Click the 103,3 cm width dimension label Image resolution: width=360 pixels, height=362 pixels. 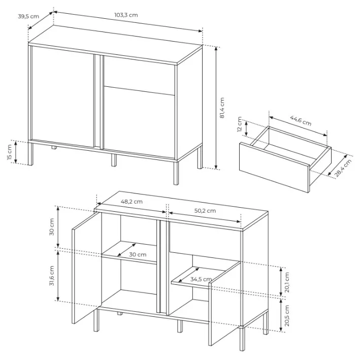(126, 15)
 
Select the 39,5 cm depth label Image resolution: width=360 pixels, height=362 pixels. (28, 16)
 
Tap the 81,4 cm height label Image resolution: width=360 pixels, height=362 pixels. (222, 108)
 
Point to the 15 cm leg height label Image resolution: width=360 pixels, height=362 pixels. (9, 152)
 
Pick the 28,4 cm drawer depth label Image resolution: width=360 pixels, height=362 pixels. (343, 168)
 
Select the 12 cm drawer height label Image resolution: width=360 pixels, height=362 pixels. (240, 124)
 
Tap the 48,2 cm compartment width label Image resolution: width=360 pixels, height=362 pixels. (132, 202)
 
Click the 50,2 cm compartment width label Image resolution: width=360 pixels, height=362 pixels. (205, 211)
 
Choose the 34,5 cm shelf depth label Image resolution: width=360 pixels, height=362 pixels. (201, 279)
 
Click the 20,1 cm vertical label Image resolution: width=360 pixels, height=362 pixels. (287, 282)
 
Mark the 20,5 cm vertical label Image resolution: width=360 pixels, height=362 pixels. (287, 315)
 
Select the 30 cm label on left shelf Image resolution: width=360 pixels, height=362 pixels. (138, 254)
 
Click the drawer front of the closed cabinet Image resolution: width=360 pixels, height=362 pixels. (139, 75)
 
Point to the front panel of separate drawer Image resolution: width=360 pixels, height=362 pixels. (274, 168)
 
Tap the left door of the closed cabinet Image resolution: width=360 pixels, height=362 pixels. (62, 96)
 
